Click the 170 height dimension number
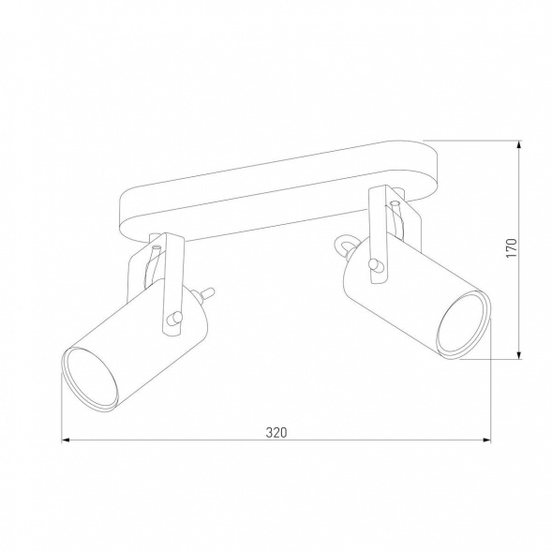click(x=511, y=248)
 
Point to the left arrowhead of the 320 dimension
click(x=66, y=440)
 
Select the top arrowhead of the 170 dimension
click(x=519, y=144)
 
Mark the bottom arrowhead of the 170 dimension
click(x=519, y=355)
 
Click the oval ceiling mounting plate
click(x=281, y=187)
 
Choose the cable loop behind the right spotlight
click(x=344, y=245)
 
